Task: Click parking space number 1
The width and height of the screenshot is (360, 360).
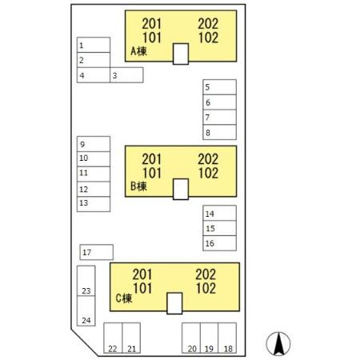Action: pos(94,45)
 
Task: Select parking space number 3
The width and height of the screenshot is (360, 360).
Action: pos(126,75)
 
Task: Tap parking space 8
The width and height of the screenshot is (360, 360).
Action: pos(219,132)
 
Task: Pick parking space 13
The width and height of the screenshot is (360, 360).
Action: pos(94,204)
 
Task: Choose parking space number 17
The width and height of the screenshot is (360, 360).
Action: pos(97,252)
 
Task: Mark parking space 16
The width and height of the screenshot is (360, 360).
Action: pos(219,243)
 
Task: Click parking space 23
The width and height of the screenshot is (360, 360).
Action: pos(86,281)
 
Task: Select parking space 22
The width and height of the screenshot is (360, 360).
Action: pos(113,338)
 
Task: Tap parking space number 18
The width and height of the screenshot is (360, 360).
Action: pos(227,338)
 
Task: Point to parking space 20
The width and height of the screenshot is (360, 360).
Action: pos(191,338)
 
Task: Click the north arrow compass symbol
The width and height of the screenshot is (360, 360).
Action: pos(278,344)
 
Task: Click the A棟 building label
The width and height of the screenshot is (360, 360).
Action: pos(138,51)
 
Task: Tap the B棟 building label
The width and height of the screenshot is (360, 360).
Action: pos(138,186)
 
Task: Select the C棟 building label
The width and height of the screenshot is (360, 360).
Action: pos(124,298)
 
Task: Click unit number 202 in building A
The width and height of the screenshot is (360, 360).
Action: pos(208,24)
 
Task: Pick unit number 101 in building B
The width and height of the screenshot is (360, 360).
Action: pos(152,173)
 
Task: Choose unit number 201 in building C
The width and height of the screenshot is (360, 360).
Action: pos(142,274)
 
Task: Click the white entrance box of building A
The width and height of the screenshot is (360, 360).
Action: pos(181,54)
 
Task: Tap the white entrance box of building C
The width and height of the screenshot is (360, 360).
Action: pos(174,303)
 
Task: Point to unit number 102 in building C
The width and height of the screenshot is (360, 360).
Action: pos(206,289)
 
